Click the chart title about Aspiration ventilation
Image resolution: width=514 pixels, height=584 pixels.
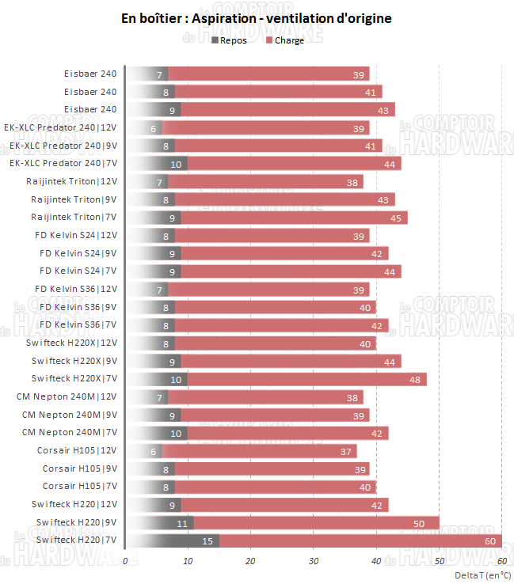pos(256,17)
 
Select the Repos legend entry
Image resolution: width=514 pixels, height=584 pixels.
pos(230,40)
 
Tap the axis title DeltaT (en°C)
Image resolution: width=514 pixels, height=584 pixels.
pos(482,575)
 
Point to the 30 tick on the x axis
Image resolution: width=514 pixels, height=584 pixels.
pos(314,560)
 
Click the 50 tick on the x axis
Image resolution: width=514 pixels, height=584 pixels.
pos(439,560)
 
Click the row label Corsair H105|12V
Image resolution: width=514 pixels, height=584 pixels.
pos(77,450)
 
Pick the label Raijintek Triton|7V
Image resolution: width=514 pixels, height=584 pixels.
pos(74,217)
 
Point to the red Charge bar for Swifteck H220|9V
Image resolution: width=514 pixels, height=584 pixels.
pos(317,522)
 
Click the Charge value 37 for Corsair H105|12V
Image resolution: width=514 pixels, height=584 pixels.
pos(346,451)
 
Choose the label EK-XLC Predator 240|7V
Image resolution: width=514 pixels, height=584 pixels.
pos(63,163)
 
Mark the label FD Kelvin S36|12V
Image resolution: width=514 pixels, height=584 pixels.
pos(76,289)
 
